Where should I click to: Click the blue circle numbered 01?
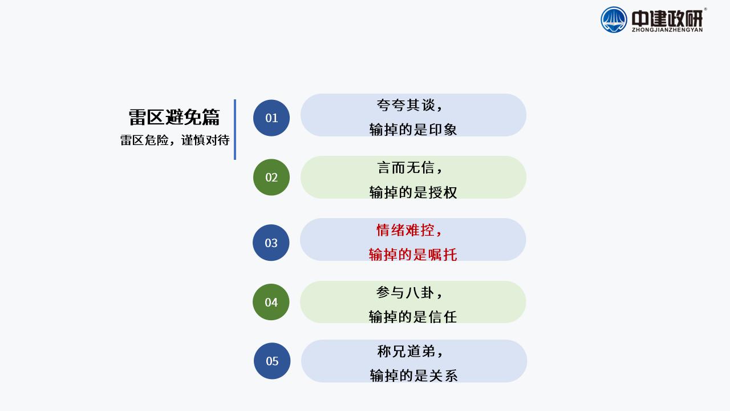click(x=271, y=118)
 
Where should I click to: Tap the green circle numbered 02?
click(x=271, y=177)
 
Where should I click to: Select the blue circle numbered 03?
click(x=271, y=243)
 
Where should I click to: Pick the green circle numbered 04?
click(x=271, y=302)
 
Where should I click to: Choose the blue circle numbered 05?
click(x=272, y=361)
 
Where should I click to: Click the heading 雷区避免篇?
click(x=175, y=117)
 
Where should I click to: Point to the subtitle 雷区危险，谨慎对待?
click(x=175, y=140)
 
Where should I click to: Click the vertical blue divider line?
click(x=235, y=130)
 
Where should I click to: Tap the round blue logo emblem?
click(x=614, y=20)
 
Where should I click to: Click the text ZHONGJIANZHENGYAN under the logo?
click(x=667, y=30)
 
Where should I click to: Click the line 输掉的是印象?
click(x=413, y=130)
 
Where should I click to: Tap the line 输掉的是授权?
click(x=413, y=192)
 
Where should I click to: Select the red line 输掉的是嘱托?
click(x=413, y=255)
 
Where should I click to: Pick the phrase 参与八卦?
click(x=405, y=293)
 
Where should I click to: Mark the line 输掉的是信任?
click(x=412, y=317)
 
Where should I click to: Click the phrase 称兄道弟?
click(x=405, y=351)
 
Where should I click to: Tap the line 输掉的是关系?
click(x=413, y=376)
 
